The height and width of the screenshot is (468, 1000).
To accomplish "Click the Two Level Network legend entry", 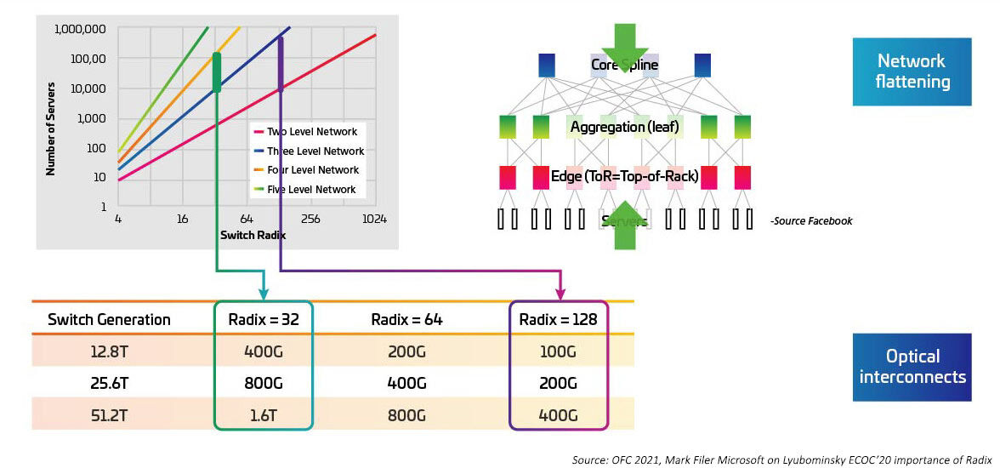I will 312,132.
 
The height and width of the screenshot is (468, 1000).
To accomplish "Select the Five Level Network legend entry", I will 312,189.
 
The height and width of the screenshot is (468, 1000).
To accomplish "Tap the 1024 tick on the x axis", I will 374,219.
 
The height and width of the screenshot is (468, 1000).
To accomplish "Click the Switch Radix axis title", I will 253,235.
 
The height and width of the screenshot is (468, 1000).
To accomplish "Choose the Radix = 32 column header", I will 264,320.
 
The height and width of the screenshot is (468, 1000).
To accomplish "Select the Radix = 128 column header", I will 558,320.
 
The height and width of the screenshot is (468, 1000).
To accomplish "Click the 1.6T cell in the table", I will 264,415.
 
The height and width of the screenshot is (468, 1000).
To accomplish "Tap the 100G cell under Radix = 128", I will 558,351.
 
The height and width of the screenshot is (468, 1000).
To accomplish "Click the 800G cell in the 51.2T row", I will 407,415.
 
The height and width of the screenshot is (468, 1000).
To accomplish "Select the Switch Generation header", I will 109,320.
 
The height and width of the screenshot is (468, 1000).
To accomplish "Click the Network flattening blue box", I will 912,71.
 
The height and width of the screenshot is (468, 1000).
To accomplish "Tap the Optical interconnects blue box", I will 912,367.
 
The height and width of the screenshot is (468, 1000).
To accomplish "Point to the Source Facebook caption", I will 810,221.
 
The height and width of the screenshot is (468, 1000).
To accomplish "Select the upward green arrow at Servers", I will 625,225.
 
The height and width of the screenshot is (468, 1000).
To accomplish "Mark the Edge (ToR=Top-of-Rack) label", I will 625,176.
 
